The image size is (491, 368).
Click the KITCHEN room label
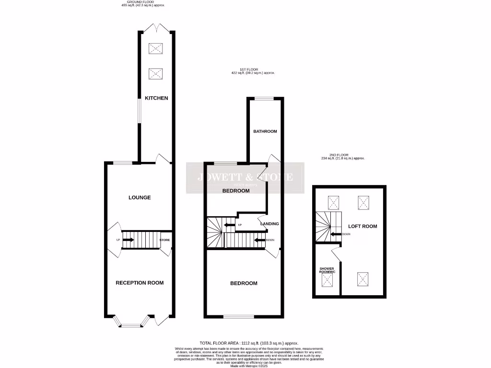[x=157, y=98]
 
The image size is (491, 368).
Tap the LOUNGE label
[x=140, y=197]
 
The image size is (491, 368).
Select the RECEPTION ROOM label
[x=140, y=283]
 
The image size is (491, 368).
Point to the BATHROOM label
[x=265, y=131]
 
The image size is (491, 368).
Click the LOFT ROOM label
[x=362, y=226]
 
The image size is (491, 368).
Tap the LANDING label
[x=269, y=224]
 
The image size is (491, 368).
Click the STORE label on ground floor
[x=164, y=240]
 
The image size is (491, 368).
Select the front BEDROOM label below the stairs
[x=244, y=283]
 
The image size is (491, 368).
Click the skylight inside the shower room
[x=328, y=281]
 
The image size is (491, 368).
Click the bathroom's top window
[x=264, y=99]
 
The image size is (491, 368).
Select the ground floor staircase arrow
[x=128, y=240]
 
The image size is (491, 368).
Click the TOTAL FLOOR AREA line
[x=249, y=343]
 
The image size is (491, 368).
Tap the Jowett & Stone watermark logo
[x=245, y=178]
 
